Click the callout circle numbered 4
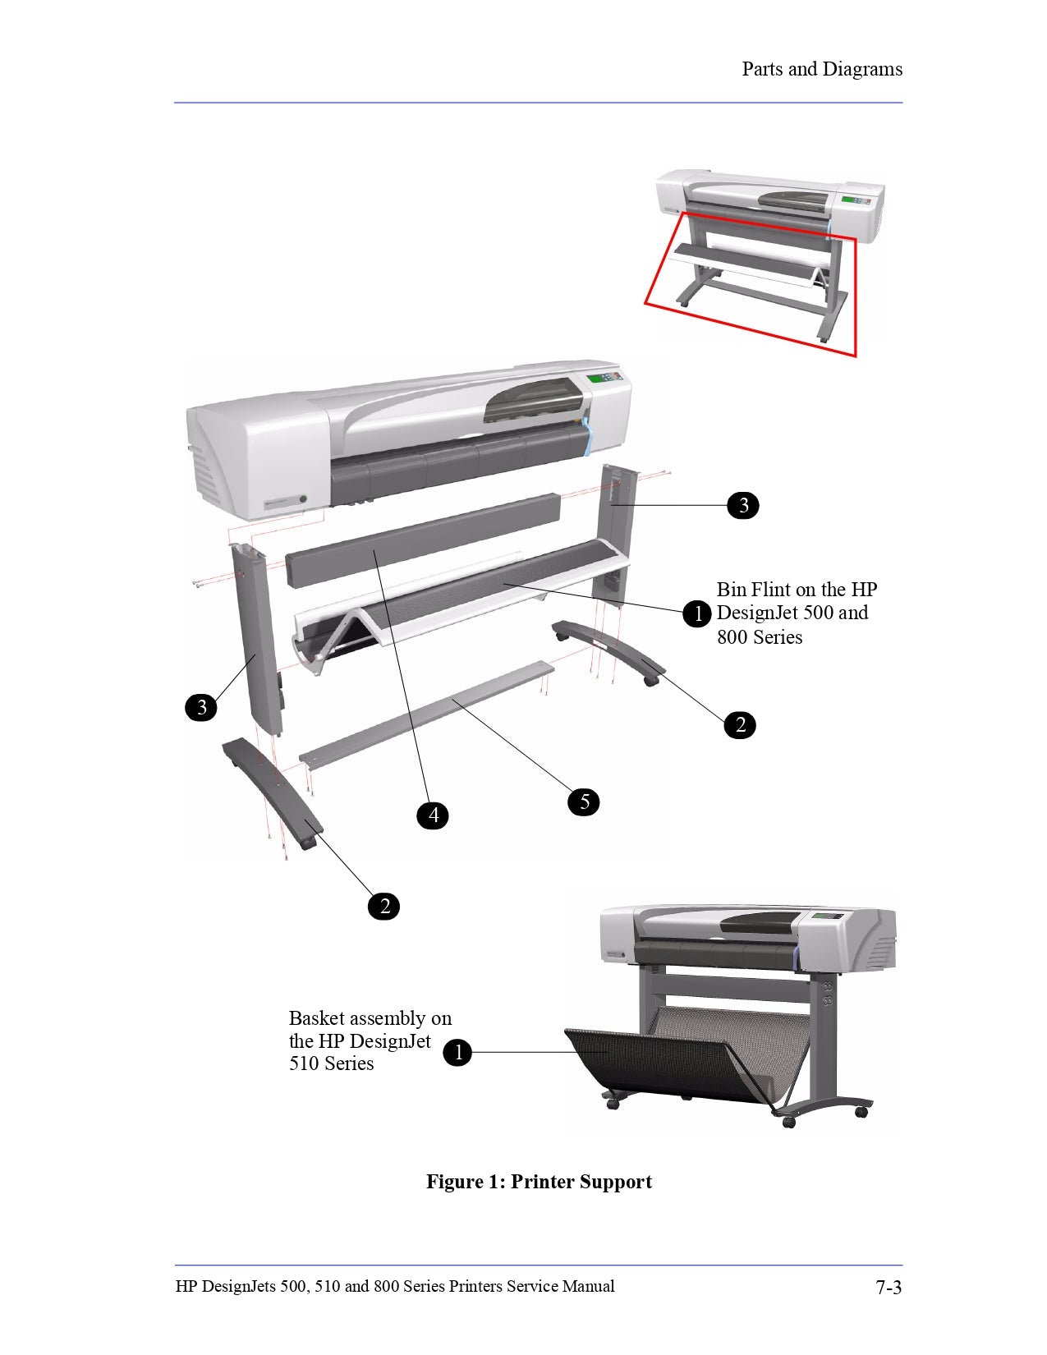[433, 815]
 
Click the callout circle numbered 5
[584, 802]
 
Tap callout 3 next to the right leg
[743, 505]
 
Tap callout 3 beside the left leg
[201, 707]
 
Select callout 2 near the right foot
[740, 724]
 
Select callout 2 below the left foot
[383, 906]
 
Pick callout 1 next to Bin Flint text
[697, 613]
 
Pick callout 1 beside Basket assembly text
[457, 1052]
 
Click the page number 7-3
[889, 1287]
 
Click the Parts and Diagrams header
[821, 69]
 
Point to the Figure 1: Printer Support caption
[539, 1182]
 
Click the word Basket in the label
[316, 1018]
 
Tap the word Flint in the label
[771, 590]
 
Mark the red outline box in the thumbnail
[855, 296]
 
